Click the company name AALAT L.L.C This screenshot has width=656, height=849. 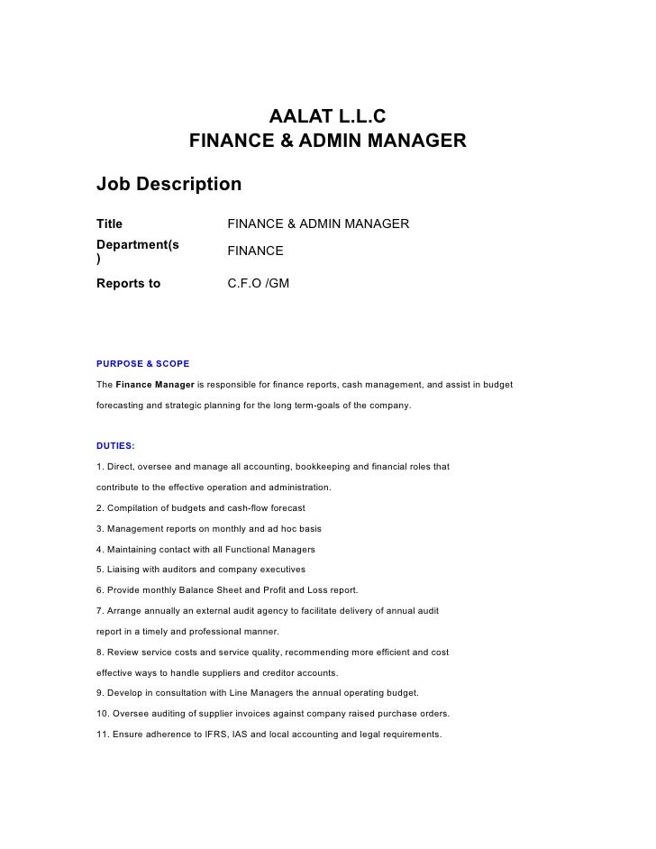[328, 117]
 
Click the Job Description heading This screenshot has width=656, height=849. [169, 185]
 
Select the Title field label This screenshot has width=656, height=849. [109, 224]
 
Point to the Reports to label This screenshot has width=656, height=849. [128, 284]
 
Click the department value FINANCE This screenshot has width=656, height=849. [255, 251]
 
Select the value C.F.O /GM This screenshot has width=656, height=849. [258, 284]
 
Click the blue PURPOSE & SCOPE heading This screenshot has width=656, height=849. [142, 364]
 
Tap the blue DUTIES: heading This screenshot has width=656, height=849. [115, 445]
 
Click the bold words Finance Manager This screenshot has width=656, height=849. [155, 385]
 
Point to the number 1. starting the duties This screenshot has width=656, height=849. [100, 467]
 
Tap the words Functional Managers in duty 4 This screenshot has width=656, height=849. [269, 550]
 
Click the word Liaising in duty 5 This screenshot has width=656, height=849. [124, 570]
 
